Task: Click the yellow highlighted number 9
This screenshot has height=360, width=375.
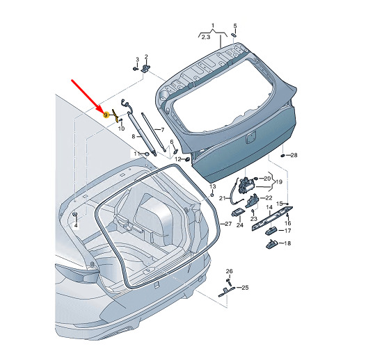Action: click(x=106, y=115)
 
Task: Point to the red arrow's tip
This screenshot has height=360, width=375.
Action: click(x=104, y=113)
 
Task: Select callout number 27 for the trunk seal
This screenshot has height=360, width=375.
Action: click(x=228, y=224)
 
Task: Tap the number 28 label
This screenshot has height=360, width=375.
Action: click(x=294, y=155)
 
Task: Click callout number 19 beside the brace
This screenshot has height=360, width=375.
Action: click(x=279, y=182)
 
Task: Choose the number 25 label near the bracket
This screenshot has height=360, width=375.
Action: click(x=245, y=288)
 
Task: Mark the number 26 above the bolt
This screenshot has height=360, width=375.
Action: click(x=229, y=271)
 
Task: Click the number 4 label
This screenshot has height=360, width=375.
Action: click(x=76, y=225)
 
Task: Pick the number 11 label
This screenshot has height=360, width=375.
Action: click(x=137, y=154)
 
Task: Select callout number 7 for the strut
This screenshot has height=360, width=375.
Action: click(x=163, y=130)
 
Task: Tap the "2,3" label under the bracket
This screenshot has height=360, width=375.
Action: click(x=206, y=37)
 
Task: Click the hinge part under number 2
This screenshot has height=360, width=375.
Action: click(x=145, y=69)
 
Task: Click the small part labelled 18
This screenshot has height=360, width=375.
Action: click(x=271, y=245)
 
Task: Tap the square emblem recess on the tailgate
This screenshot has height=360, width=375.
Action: click(x=251, y=137)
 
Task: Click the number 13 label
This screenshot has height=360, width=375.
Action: click(x=212, y=186)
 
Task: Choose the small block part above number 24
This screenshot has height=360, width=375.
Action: click(x=237, y=212)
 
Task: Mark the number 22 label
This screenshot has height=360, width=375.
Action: click(x=269, y=198)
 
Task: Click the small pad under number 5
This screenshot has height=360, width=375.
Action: click(x=234, y=35)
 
